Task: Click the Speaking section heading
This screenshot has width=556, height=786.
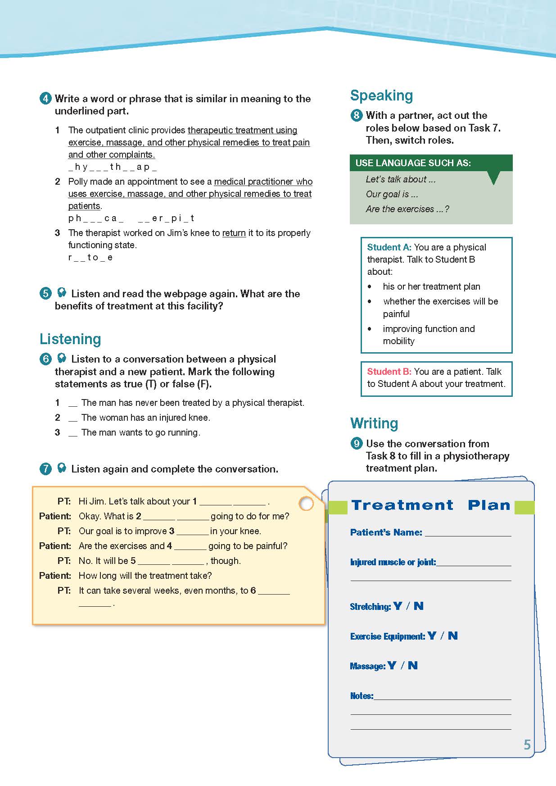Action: coord(381,95)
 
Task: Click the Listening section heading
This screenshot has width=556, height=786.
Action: coord(70,339)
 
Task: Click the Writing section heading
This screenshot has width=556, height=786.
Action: coord(374,423)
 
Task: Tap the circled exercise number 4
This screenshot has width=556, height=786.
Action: coord(45,99)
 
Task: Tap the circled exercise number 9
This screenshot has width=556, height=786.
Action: coord(356,444)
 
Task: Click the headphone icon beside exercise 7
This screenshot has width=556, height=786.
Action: coord(62,468)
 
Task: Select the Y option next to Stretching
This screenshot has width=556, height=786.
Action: coord(397,606)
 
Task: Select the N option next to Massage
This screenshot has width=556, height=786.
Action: coord(412,666)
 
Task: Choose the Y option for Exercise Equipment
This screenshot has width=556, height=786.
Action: coord(432,636)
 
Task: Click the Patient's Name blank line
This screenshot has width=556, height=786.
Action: coord(468,533)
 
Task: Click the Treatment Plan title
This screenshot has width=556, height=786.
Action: coord(431,505)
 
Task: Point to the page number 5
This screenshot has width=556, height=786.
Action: coord(527,745)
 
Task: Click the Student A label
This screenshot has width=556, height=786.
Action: coord(389,247)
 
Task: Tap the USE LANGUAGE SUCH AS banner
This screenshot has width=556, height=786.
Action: coord(413,163)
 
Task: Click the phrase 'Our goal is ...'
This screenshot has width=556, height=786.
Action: coord(392,194)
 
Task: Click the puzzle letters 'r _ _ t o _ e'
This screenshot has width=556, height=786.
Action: coord(90,258)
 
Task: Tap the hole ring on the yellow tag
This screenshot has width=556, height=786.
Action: coord(306,504)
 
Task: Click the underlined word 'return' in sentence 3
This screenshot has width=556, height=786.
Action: coord(234,233)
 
